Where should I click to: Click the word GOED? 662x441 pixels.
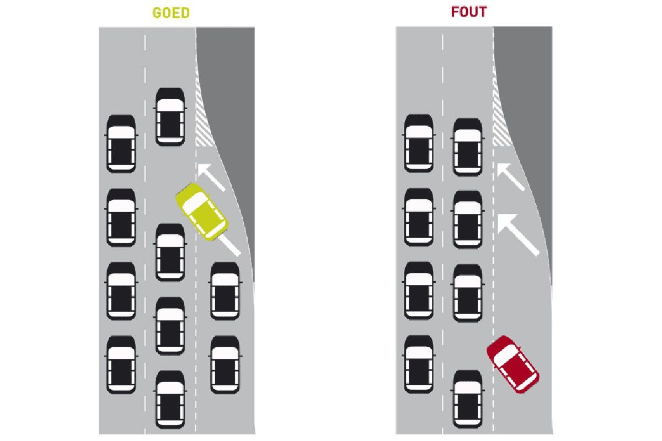pyautogui.click(x=171, y=13)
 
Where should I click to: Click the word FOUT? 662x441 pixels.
pyautogui.click(x=469, y=12)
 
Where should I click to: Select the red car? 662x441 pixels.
pyautogui.click(x=512, y=364)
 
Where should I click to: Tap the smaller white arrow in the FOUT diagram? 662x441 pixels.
pyautogui.click(x=510, y=177)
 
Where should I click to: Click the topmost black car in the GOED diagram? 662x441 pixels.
pyautogui.click(x=170, y=116)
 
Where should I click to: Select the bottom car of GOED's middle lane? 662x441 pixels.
pyautogui.click(x=170, y=399)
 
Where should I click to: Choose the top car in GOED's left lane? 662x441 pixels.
pyautogui.click(x=121, y=143)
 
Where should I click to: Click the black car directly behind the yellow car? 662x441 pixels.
pyautogui.click(x=225, y=291)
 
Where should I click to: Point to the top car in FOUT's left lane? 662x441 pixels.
pyautogui.click(x=419, y=143)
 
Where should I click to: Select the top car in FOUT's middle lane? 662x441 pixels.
pyautogui.click(x=468, y=146)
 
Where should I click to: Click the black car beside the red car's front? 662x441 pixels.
pyautogui.click(x=468, y=398)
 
